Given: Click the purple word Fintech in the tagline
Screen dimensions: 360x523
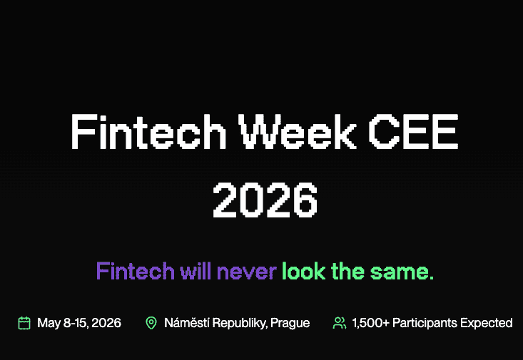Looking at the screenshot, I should click(135, 271).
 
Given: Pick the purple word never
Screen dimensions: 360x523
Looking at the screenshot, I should click(246, 271).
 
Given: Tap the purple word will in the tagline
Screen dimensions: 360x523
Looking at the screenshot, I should click(196, 271).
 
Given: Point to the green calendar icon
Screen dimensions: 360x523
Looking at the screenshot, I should click(24, 323).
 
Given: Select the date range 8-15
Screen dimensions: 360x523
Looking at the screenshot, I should click(78, 323).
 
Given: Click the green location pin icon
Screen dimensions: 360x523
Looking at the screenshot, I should click(151, 323).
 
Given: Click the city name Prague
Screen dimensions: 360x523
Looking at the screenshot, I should click(291, 323).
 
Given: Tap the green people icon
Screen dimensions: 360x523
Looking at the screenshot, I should click(340, 323).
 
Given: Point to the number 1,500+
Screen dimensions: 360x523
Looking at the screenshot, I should click(370, 323).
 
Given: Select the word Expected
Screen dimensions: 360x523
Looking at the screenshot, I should click(485, 323).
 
